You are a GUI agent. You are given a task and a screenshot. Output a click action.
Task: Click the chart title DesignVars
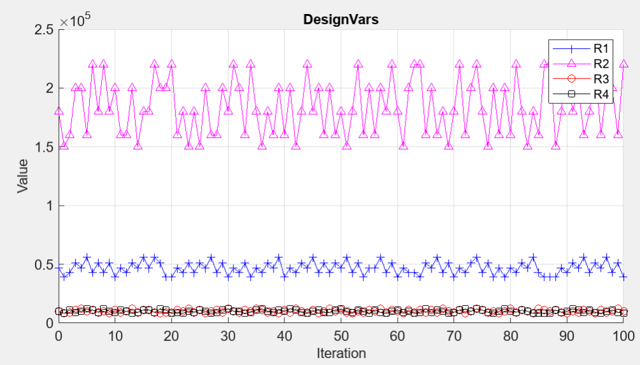point(340,20)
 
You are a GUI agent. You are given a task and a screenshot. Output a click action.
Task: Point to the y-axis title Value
point(23,176)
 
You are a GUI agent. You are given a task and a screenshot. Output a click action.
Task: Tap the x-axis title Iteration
point(340,353)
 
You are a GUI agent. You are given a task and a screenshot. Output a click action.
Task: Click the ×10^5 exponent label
point(76,20)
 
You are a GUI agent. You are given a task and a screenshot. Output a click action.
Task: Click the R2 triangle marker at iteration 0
point(59,111)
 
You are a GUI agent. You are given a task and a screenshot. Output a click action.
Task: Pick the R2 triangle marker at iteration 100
point(623,64)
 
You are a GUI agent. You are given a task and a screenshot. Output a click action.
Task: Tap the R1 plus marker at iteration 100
point(623,276)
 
